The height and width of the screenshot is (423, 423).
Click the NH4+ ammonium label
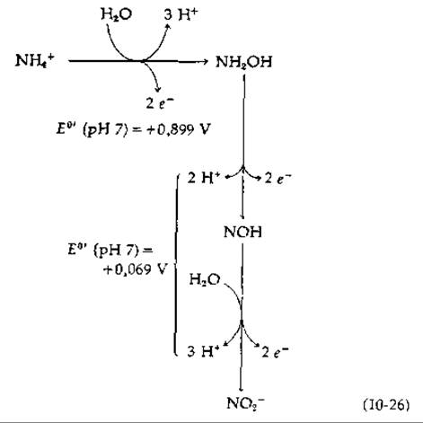click(35, 61)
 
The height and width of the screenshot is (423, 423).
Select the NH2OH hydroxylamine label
click(243, 63)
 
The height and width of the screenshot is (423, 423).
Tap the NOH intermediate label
click(242, 232)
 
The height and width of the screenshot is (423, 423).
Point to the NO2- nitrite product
click(245, 403)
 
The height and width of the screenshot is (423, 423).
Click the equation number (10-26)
click(386, 405)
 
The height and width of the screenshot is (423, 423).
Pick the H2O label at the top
click(117, 14)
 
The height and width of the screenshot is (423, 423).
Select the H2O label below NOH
click(205, 280)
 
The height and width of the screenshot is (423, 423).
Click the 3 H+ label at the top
click(181, 14)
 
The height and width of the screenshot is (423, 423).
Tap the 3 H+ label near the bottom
click(203, 351)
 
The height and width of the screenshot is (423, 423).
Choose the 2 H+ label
click(204, 178)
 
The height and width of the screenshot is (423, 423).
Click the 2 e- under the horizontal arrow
click(160, 103)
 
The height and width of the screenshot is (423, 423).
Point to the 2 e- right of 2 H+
click(278, 179)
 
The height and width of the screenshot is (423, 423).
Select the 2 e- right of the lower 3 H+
click(275, 352)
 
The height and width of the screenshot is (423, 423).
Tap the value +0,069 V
click(134, 269)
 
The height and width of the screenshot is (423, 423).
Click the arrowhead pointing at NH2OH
click(205, 62)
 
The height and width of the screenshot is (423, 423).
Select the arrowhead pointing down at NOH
click(242, 216)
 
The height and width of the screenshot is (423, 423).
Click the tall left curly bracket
click(176, 265)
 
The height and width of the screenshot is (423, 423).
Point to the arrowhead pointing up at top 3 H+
click(168, 27)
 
